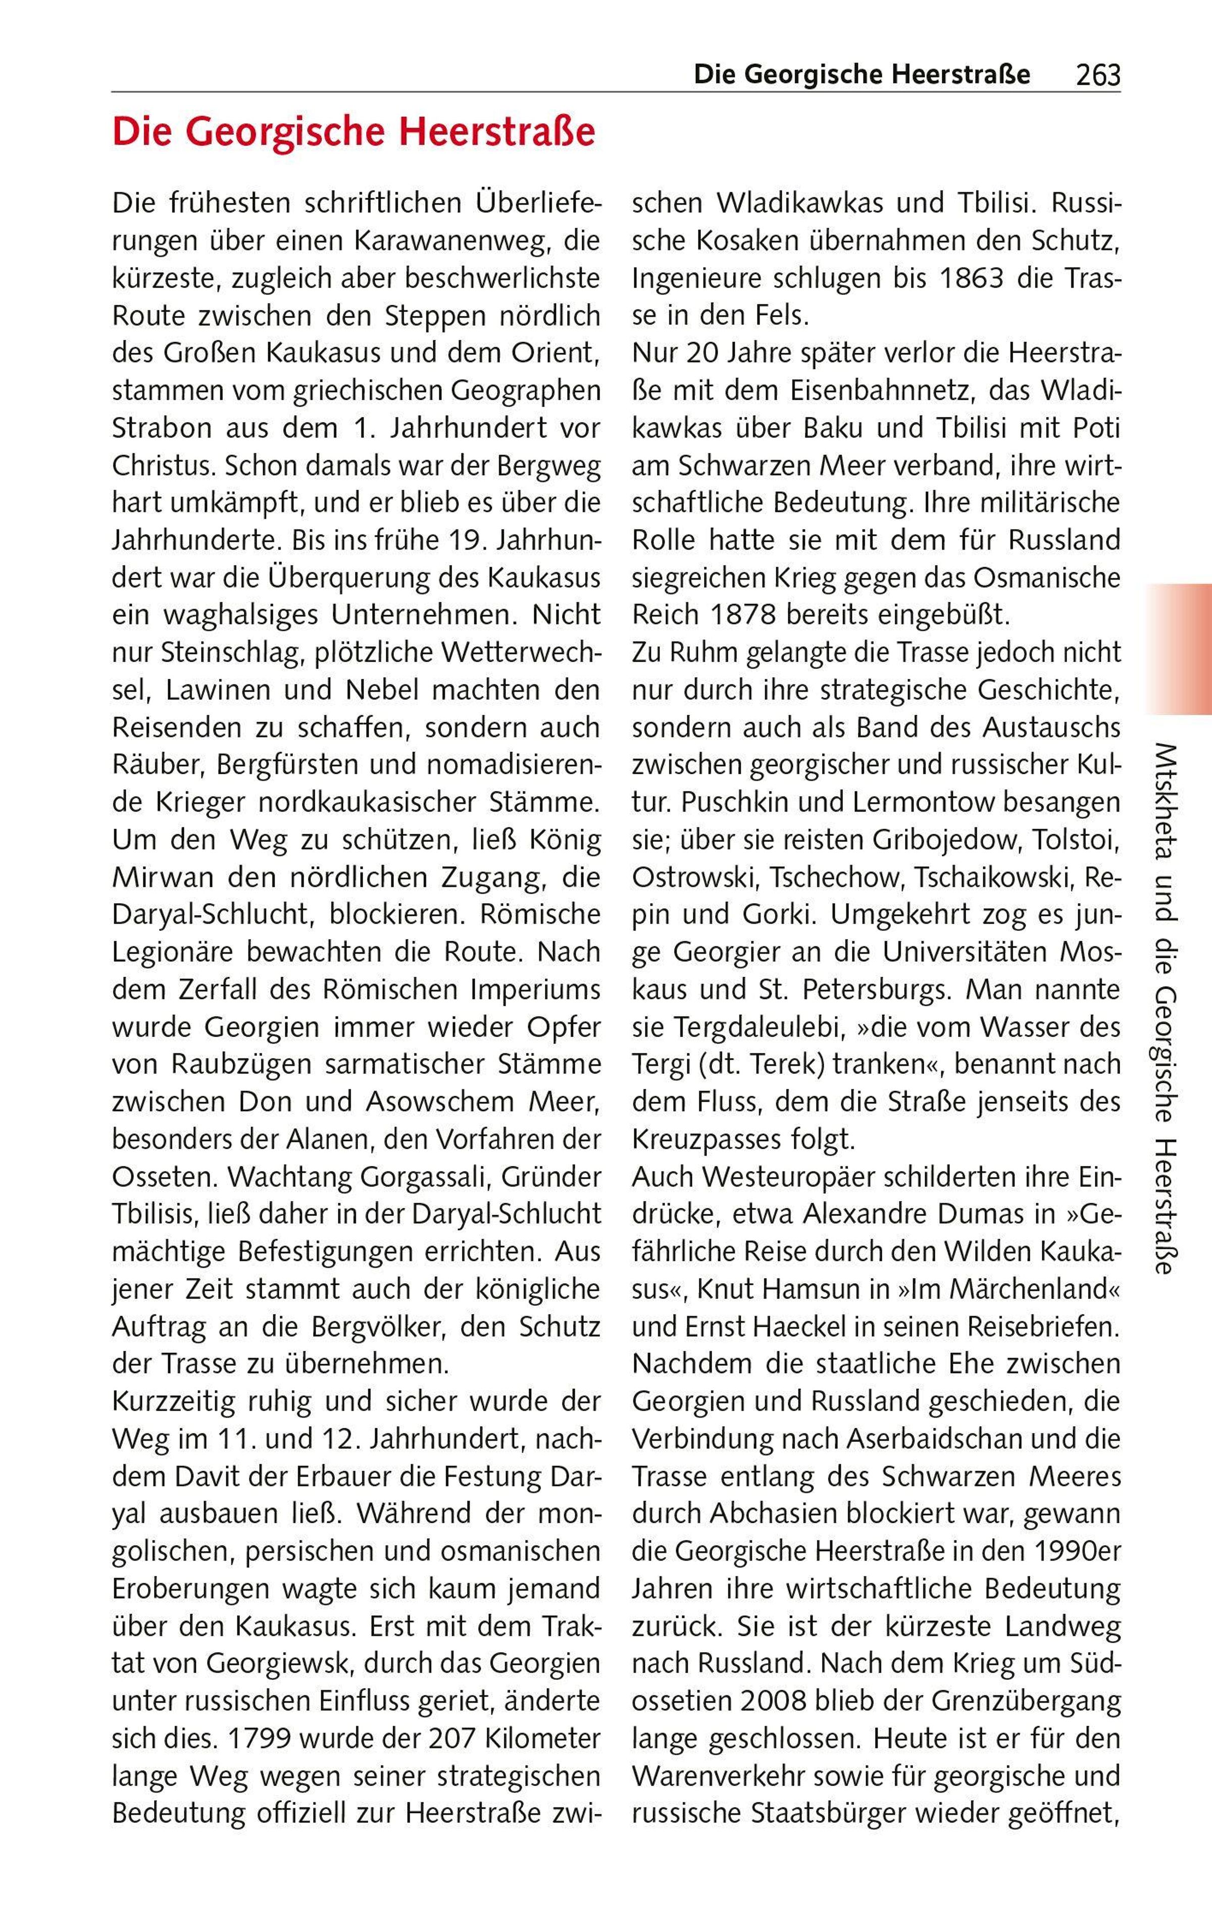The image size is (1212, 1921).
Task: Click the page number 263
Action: tap(1097, 76)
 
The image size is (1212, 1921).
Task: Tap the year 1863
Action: tap(974, 279)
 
